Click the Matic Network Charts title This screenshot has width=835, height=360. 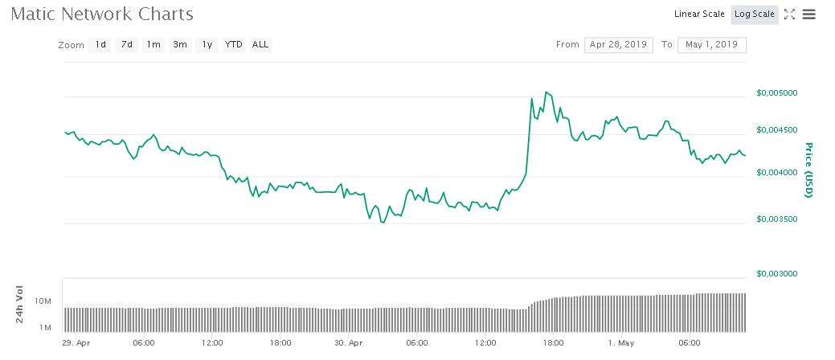[x=102, y=14]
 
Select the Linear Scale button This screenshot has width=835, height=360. [x=699, y=14]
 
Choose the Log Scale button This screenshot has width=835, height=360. [x=754, y=14]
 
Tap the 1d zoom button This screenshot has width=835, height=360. [x=100, y=45]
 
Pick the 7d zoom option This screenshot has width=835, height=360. [x=127, y=45]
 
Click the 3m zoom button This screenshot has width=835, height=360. [x=180, y=45]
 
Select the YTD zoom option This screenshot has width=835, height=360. [x=234, y=45]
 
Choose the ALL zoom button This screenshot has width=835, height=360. [x=260, y=45]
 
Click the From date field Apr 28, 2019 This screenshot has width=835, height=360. [x=618, y=45]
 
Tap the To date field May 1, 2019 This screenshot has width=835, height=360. [x=712, y=45]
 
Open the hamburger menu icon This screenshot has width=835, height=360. [x=809, y=14]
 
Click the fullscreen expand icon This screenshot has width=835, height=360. [x=789, y=14]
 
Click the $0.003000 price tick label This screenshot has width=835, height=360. [x=777, y=274]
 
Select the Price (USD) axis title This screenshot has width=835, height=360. [x=808, y=170]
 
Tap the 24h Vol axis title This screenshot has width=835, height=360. [x=20, y=305]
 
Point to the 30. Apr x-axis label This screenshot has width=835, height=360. [x=349, y=342]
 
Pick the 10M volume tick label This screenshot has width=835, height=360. [x=43, y=301]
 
